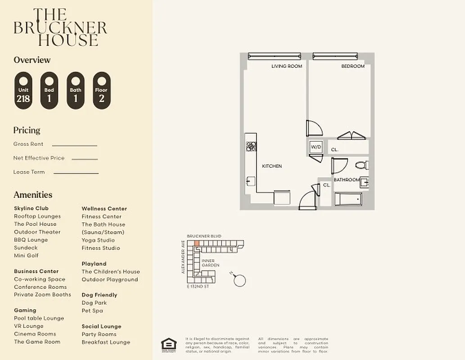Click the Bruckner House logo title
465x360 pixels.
[x=60, y=27]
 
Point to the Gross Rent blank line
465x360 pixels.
[x=74, y=145]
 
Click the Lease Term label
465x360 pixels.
[x=29, y=172]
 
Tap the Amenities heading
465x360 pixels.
[x=33, y=195]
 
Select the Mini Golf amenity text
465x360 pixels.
[x=26, y=256]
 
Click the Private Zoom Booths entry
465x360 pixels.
[x=42, y=295]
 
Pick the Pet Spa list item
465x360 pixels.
[x=92, y=310]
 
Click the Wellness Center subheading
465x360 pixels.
[x=104, y=208]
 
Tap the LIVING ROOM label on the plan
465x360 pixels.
[x=286, y=66]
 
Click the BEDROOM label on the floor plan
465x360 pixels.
[x=352, y=66]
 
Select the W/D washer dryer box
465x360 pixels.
[x=315, y=147]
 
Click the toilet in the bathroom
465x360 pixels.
[x=361, y=165]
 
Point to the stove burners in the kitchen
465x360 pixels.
[x=251, y=146]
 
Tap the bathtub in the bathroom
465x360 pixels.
[x=348, y=198]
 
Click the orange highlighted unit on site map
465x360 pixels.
[x=197, y=243]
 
